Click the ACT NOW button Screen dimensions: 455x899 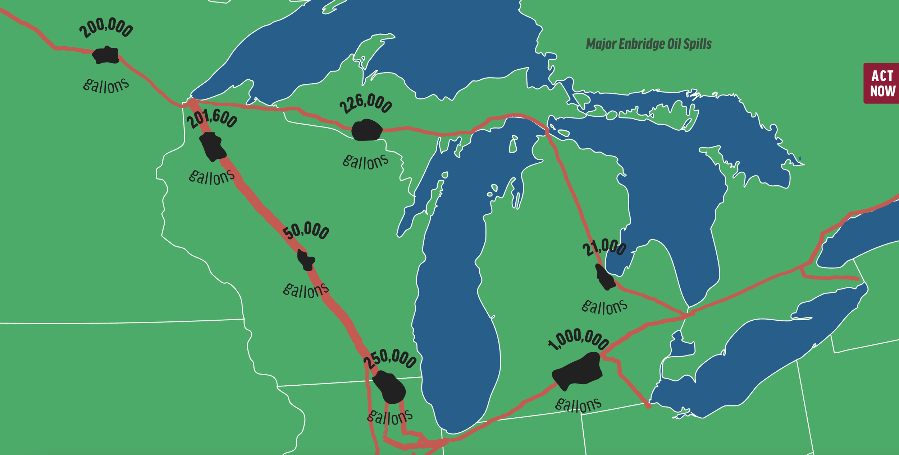coord(882,83)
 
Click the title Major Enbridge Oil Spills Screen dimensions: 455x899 coord(648,44)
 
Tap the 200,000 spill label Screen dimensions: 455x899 coord(106,28)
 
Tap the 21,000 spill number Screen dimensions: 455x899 coord(604,247)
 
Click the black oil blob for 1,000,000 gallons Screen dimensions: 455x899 coord(578,371)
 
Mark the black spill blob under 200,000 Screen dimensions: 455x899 coord(106,55)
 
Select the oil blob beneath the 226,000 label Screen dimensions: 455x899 coord(366,130)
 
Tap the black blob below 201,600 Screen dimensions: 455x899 coord(213,147)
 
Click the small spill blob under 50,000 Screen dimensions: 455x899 coord(306,260)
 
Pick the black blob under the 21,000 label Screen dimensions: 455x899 coord(606,277)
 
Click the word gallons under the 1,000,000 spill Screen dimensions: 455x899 coord(578,405)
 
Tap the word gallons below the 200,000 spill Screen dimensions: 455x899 coord(106,85)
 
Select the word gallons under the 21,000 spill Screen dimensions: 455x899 coord(604,307)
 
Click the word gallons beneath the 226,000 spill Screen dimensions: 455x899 coord(365,162)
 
